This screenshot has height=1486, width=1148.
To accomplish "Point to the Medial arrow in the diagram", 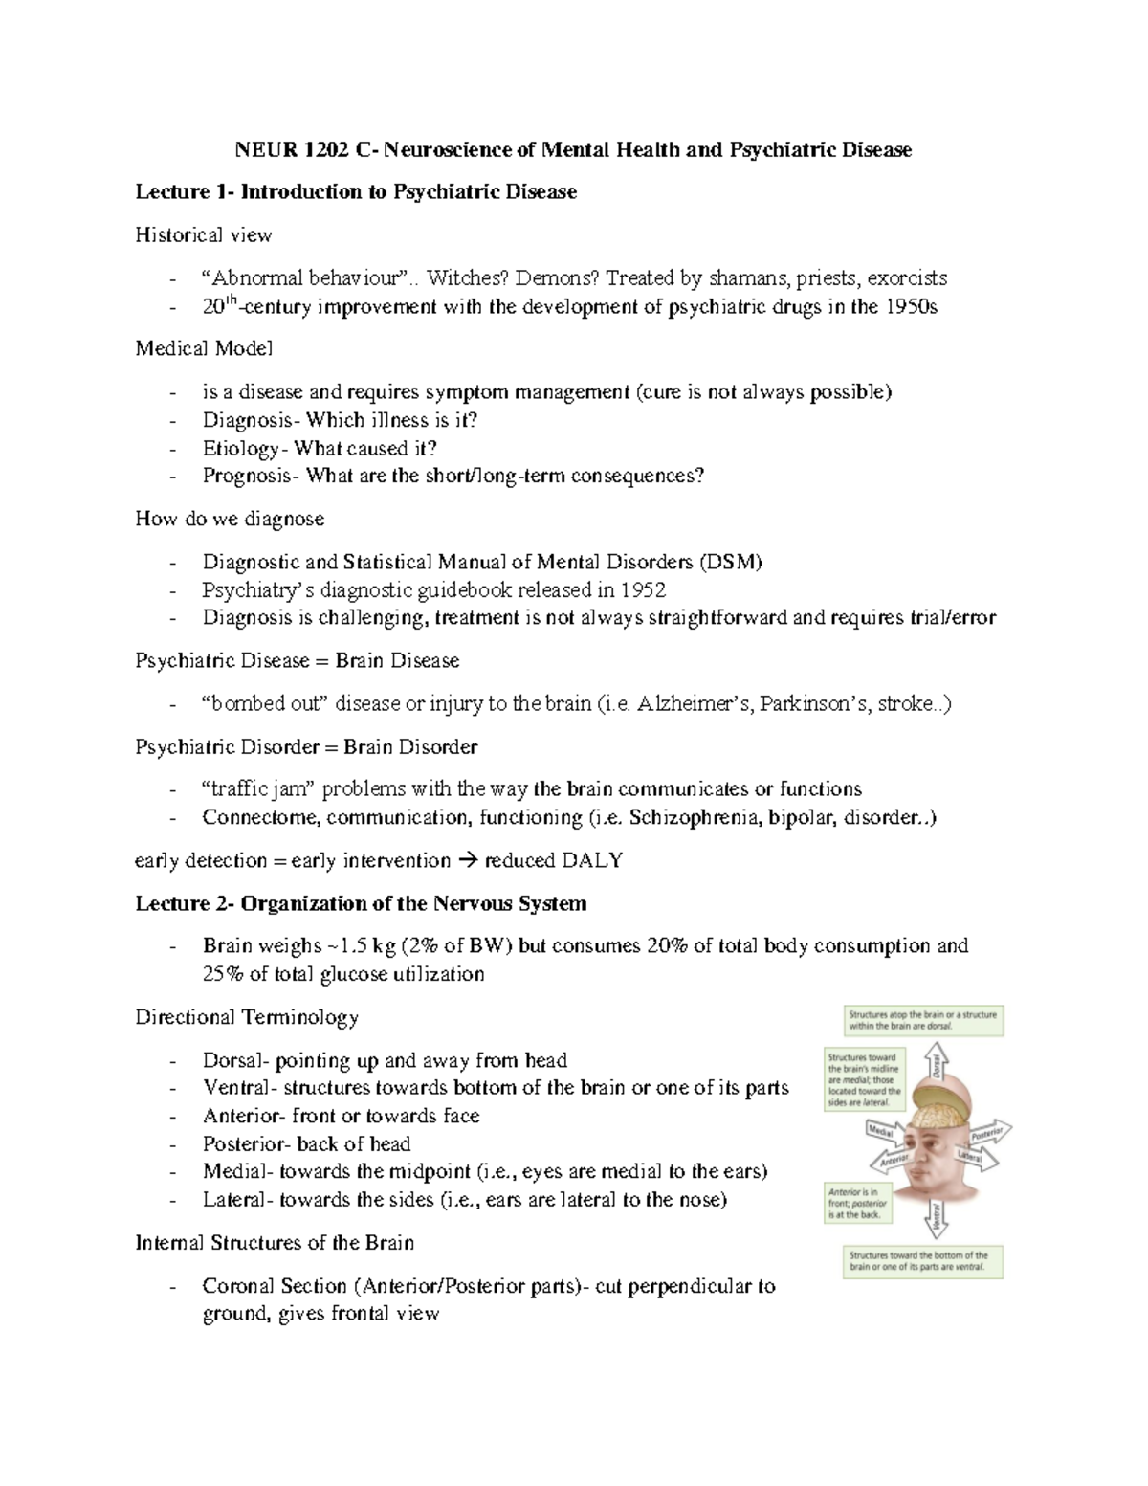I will (x=882, y=1132).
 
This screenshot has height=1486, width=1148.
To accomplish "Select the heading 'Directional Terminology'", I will (x=247, y=1017).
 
